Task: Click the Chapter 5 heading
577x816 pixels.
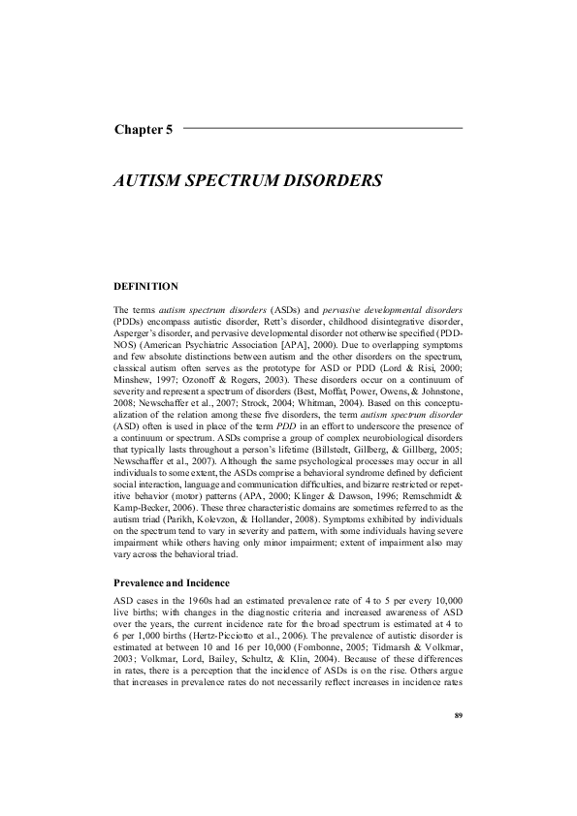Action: click(x=144, y=131)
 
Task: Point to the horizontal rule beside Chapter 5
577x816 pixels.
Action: click(x=322, y=129)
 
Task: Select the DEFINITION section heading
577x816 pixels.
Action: click(x=146, y=287)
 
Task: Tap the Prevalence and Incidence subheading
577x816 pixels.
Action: click(x=172, y=583)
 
